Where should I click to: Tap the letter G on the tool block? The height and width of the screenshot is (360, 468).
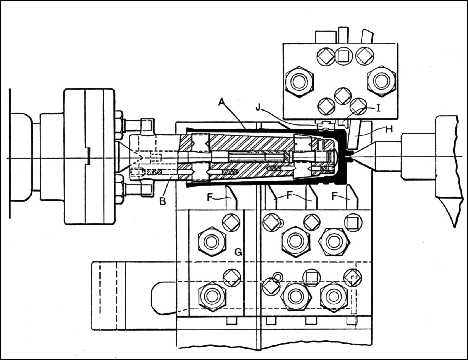coord(238,252)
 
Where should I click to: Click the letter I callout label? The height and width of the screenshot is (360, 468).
coord(378,108)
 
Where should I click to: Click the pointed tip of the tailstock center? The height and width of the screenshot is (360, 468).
coord(350,159)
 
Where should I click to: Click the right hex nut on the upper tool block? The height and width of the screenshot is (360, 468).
coord(381,81)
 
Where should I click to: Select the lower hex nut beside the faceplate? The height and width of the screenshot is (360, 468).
coord(118,192)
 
